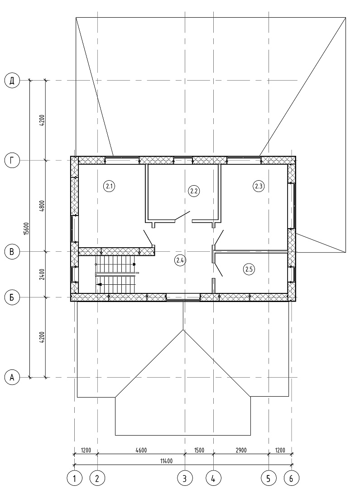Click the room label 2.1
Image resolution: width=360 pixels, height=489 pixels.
(x=109, y=187)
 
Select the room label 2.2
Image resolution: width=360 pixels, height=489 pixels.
(x=194, y=191)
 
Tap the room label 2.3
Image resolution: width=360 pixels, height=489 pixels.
(x=258, y=186)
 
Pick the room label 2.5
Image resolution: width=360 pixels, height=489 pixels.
(x=249, y=269)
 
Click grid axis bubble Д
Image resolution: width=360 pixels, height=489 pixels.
(x=12, y=81)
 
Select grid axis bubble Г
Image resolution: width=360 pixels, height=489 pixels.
(x=12, y=161)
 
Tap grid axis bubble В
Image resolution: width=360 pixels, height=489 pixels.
(x=12, y=252)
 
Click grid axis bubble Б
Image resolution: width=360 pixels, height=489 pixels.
(x=12, y=297)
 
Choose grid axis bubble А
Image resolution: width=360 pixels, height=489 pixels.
(x=12, y=377)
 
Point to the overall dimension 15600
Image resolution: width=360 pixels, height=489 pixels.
(x=27, y=229)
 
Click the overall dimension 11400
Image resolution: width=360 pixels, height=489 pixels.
(x=166, y=461)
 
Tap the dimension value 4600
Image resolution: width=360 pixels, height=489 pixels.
(x=141, y=450)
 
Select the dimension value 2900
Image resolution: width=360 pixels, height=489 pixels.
(x=241, y=450)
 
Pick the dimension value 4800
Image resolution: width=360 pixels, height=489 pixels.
(x=43, y=206)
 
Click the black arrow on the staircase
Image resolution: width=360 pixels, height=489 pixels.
(x=99, y=284)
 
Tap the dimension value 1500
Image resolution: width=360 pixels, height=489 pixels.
(x=199, y=450)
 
